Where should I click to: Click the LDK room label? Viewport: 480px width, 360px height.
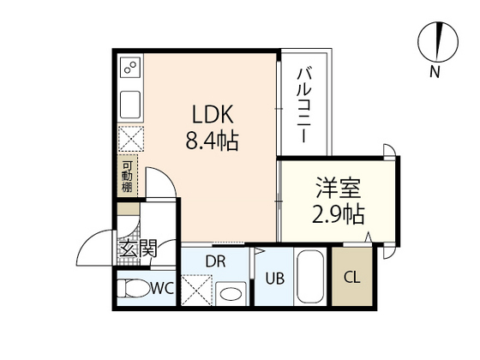[212, 115]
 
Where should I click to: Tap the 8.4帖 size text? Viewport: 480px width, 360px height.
[212, 139]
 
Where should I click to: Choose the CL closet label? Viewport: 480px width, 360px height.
[351, 276]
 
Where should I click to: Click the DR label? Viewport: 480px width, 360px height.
[215, 261]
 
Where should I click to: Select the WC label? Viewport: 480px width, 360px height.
[164, 288]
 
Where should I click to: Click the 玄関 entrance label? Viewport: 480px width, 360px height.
[137, 249]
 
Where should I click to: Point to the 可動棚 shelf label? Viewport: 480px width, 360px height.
[126, 175]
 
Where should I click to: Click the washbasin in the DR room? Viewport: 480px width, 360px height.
[229, 292]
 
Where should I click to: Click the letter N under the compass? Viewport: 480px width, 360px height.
[436, 72]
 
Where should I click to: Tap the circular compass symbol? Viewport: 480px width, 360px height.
[436, 41]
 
